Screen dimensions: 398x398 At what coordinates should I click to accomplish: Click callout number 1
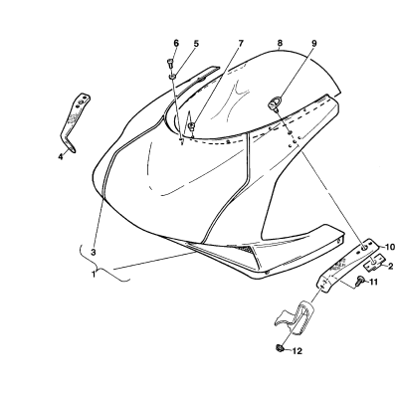click(94, 275)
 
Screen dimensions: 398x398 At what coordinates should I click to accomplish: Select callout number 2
click(390, 266)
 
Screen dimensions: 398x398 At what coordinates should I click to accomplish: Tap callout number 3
click(94, 252)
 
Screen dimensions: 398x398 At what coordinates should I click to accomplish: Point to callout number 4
click(61, 156)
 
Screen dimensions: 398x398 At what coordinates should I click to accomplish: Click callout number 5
click(196, 43)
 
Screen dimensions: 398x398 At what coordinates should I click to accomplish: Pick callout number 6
click(176, 43)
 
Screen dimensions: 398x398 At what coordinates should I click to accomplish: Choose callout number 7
click(241, 43)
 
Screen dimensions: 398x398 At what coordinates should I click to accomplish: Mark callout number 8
click(280, 43)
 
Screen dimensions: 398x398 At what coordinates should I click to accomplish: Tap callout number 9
click(314, 43)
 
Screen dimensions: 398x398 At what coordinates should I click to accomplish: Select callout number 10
click(390, 247)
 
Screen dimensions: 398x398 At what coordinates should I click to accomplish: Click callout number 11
click(373, 282)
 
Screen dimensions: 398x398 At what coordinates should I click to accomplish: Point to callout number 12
click(298, 351)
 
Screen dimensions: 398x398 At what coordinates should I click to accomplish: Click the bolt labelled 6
click(170, 63)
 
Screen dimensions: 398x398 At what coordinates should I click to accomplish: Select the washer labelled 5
click(173, 77)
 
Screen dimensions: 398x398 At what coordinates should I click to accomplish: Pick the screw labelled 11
click(360, 282)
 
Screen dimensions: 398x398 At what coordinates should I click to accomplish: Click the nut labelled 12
click(279, 348)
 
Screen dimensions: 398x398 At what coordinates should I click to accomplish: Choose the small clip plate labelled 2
click(374, 262)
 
